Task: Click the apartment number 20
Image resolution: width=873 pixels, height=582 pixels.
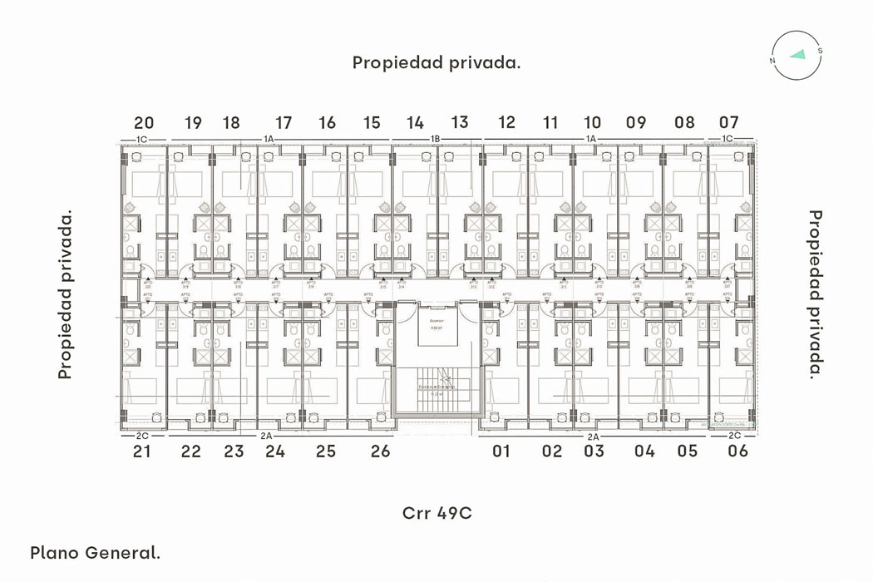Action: pos(144,123)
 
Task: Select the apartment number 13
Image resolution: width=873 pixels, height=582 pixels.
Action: pos(460,123)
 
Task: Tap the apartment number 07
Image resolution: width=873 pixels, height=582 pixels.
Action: pos(728,123)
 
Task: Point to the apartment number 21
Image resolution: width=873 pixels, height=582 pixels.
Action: pos(141,451)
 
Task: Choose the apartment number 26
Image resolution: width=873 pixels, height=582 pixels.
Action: pos(380,451)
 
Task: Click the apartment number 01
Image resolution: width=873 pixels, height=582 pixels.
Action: pos(501,451)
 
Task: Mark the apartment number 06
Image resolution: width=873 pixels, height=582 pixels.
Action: pos(737,451)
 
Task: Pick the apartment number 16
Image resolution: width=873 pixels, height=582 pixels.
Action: pos(328,123)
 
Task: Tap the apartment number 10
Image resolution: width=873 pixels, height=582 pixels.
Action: pos(592,123)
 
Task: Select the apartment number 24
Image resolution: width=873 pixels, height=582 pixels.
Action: pos(275,451)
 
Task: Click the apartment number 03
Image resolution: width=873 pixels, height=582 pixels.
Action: pos(594,451)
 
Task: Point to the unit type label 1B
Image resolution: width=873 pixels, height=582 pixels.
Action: pos(435,139)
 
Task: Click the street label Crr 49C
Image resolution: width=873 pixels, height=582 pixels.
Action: pos(436,513)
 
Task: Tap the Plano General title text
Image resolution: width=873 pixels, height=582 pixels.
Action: pos(95,552)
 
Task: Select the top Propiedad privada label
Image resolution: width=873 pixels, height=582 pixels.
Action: pos(436,63)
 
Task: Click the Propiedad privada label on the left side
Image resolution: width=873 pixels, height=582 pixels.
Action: pos(66,294)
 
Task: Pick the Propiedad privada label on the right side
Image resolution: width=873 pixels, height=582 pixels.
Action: pos(816,294)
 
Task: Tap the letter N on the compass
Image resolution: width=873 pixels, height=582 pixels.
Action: pos(773,61)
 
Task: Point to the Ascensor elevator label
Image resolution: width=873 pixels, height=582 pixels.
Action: pos(437,320)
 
